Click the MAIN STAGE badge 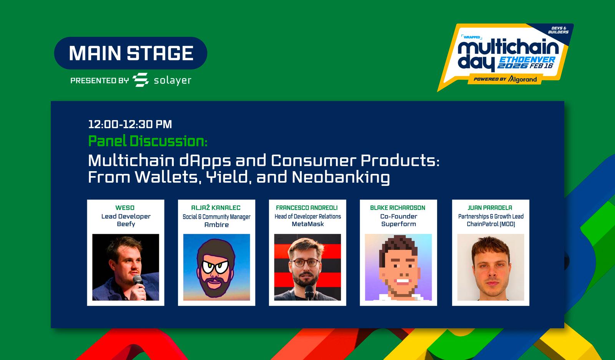click(131, 53)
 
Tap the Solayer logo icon click(141, 80)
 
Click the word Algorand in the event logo click(522, 79)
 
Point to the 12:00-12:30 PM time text click(130, 124)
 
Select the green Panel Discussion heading click(148, 141)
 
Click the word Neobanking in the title click(341, 177)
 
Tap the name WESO click(125, 208)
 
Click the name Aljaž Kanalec click(216, 208)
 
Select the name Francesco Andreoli click(307, 208)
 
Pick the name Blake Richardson click(397, 208)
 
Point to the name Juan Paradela click(490, 208)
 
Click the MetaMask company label click(307, 224)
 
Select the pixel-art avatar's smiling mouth click(402, 281)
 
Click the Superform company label click(398, 224)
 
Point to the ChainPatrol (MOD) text click(490, 224)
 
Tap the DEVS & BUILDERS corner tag click(558, 30)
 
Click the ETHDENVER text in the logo click(527, 59)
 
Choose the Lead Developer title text click(126, 217)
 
